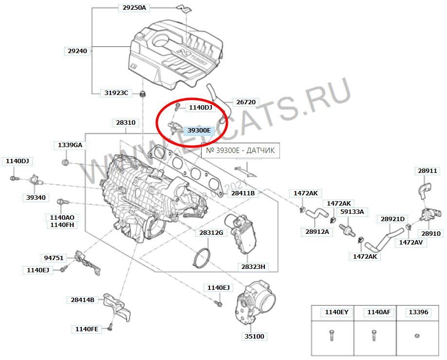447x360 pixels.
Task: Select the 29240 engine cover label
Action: [77, 50]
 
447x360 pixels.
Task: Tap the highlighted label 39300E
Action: [199, 130]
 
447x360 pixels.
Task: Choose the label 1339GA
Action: [70, 145]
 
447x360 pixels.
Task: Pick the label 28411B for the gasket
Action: [242, 193]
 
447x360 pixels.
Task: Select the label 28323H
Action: [253, 266]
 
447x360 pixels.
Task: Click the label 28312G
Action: [211, 232]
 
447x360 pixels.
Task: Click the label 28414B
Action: [82, 300]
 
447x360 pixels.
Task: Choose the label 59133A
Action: [352, 212]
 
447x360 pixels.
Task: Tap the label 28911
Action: [427, 171]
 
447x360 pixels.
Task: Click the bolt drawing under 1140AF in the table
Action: [374, 336]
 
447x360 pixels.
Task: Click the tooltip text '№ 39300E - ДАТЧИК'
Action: [241, 151]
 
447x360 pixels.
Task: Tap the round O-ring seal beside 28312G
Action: [201, 258]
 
